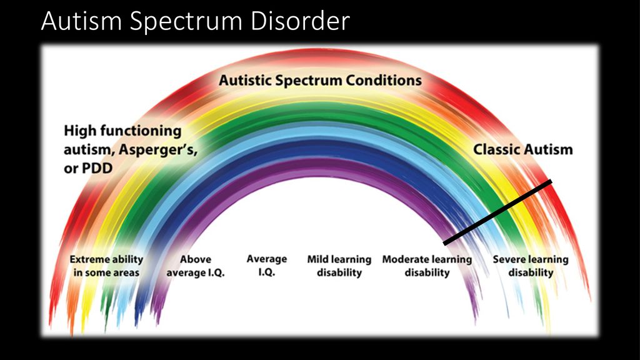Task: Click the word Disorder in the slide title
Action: click(300, 21)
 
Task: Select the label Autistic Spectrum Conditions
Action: click(321, 81)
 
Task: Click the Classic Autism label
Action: click(523, 149)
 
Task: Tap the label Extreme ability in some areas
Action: click(106, 266)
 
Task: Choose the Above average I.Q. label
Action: click(196, 266)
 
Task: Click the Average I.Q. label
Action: click(266, 265)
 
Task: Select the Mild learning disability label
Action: click(339, 266)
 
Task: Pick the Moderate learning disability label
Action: click(427, 266)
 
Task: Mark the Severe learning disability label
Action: click(531, 266)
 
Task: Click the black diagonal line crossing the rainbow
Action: click(497, 212)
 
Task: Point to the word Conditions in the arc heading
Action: click(384, 81)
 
